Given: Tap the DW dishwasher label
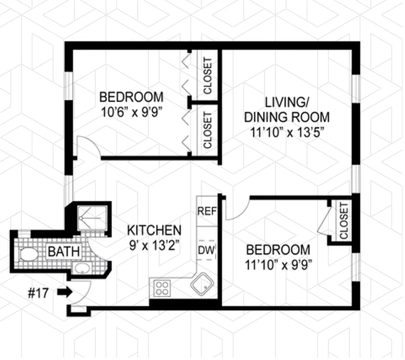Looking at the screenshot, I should [207, 249].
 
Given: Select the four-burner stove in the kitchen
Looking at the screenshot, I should [162, 288].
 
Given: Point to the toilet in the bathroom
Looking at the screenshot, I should [29, 254].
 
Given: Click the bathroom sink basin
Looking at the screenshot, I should [82, 269].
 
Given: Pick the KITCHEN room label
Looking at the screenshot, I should [154, 230].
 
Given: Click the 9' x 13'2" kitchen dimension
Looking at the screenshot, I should [154, 246].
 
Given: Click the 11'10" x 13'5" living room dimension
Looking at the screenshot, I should [286, 132].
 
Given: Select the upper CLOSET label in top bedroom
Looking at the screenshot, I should [207, 76].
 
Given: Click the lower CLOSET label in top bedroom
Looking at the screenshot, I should [207, 130].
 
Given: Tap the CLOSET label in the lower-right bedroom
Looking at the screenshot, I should [344, 220].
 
